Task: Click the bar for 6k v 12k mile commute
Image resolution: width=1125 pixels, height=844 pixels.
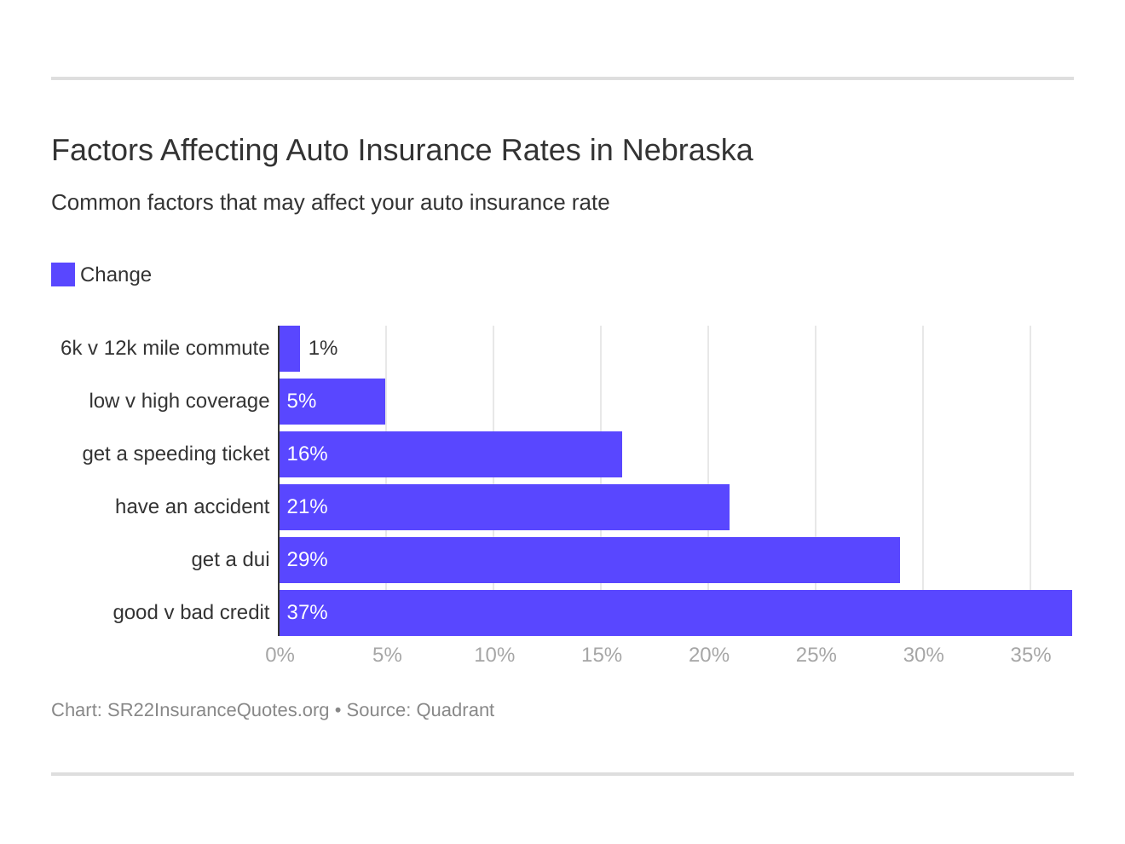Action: [290, 349]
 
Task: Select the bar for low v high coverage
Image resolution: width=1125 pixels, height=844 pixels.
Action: [332, 402]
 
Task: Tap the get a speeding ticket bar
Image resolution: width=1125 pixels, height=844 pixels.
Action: [451, 454]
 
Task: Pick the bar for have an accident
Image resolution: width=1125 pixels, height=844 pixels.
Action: [505, 507]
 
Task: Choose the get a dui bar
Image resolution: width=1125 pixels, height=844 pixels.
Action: [590, 560]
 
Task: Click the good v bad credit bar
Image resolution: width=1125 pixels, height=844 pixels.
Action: [675, 613]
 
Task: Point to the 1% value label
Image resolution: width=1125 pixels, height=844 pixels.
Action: [323, 349]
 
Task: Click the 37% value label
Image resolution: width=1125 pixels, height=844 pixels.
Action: [307, 613]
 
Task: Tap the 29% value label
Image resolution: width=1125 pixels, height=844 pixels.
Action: [307, 560]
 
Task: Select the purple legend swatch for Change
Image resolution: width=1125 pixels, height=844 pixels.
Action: [63, 275]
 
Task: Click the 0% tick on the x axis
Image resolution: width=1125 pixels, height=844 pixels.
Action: [280, 655]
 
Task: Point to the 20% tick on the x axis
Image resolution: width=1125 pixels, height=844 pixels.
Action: [708, 655]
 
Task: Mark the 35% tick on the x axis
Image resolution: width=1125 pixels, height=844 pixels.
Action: [1030, 655]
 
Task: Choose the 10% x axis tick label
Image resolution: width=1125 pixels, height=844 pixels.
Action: [494, 655]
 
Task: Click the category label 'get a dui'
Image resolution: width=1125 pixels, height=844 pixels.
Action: [230, 560]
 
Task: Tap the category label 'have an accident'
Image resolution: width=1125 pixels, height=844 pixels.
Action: [192, 507]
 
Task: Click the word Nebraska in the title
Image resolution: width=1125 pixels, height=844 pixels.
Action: [687, 150]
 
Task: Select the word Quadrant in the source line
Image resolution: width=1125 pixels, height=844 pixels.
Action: [455, 710]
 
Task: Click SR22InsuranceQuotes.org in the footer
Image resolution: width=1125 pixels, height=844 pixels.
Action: [218, 710]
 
